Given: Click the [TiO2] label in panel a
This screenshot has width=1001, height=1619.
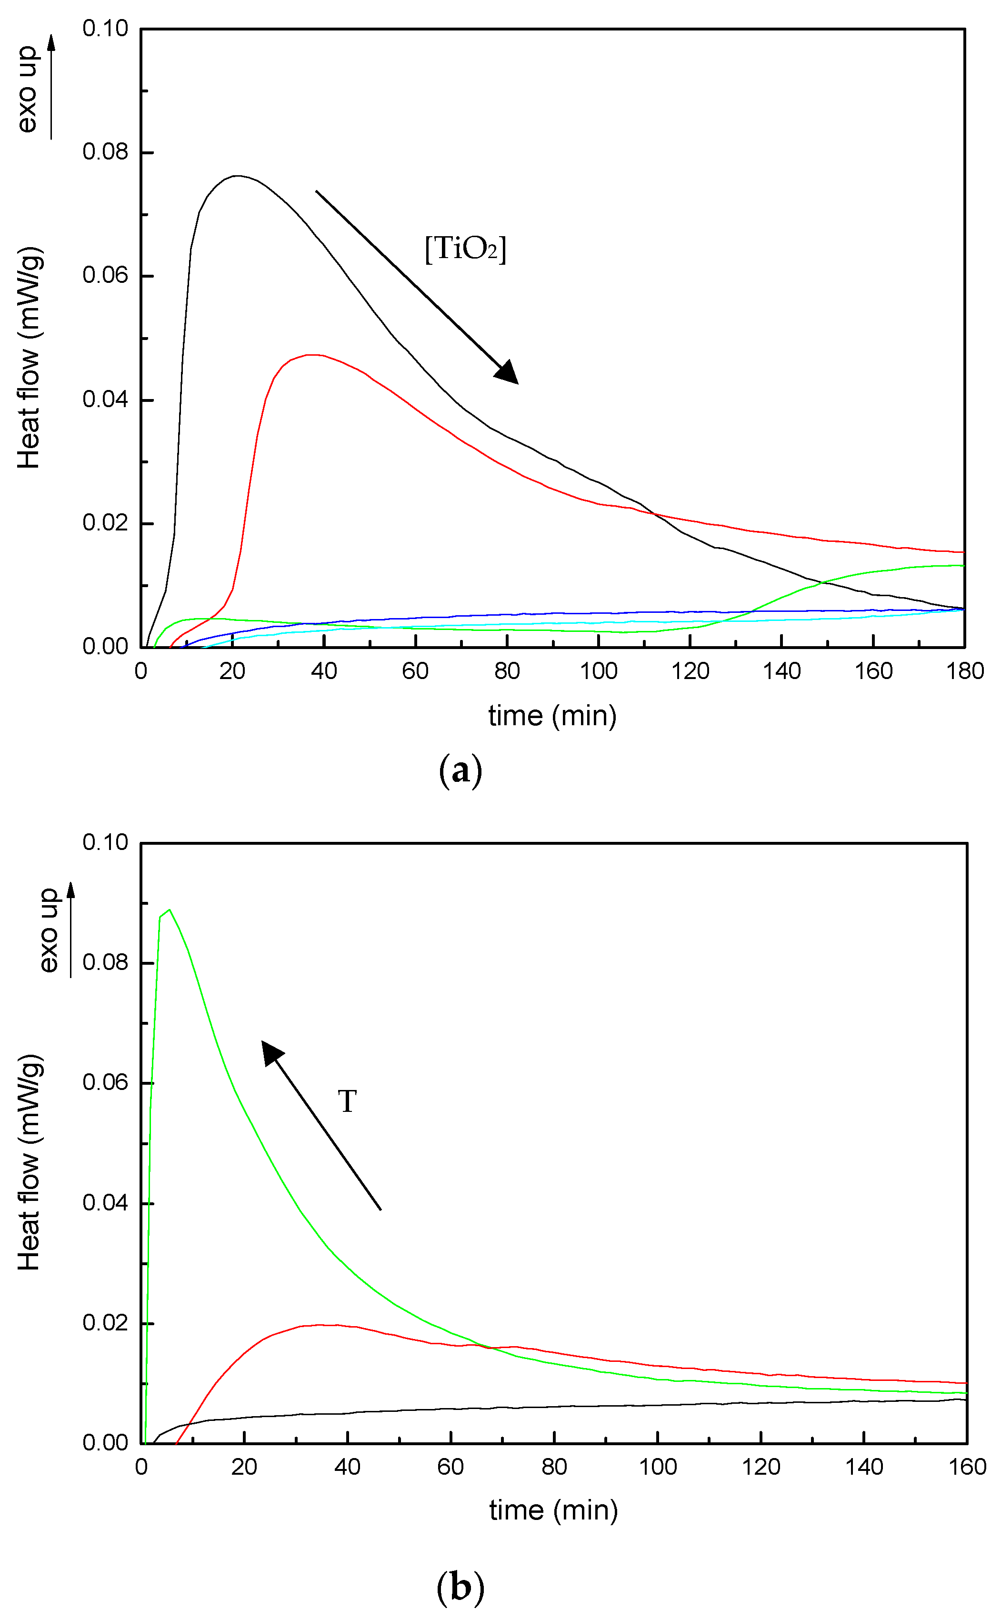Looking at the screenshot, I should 465,250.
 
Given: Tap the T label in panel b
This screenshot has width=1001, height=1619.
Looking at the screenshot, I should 347,1101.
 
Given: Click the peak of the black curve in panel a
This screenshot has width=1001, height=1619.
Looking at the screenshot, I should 236,176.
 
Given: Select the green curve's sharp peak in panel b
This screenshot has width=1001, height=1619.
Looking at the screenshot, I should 170,909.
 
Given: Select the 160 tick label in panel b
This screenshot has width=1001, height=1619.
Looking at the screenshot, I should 967,1467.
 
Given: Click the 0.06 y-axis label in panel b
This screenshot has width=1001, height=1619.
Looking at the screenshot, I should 105,1082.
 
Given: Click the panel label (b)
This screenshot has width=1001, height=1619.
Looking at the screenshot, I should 460,1587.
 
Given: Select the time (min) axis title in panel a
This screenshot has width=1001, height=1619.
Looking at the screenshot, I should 552,716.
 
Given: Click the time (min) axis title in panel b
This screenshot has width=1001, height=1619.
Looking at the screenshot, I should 553,1510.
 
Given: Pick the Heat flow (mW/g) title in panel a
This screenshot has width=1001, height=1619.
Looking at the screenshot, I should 29,358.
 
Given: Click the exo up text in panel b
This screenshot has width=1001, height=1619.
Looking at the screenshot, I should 48,930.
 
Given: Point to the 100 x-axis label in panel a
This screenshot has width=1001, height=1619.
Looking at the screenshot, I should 599,671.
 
